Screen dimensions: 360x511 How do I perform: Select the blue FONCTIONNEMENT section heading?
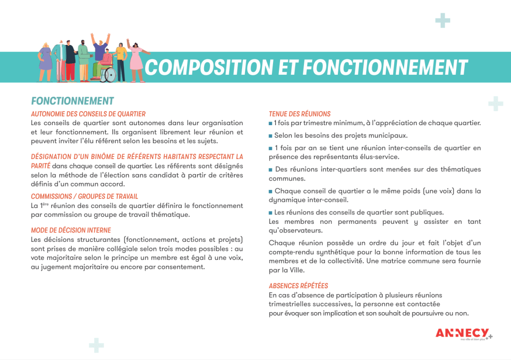72,101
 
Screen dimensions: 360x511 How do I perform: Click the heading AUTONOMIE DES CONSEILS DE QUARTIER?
88,114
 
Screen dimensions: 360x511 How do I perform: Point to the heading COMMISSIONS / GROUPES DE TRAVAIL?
84,196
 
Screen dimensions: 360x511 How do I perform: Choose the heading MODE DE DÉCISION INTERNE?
71,230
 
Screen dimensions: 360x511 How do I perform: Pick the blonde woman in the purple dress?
45,57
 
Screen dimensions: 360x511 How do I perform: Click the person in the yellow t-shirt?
121,59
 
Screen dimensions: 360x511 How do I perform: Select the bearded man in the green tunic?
83,59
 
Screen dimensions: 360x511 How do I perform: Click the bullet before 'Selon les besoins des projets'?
270,136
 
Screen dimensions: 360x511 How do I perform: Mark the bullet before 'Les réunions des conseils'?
270,212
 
